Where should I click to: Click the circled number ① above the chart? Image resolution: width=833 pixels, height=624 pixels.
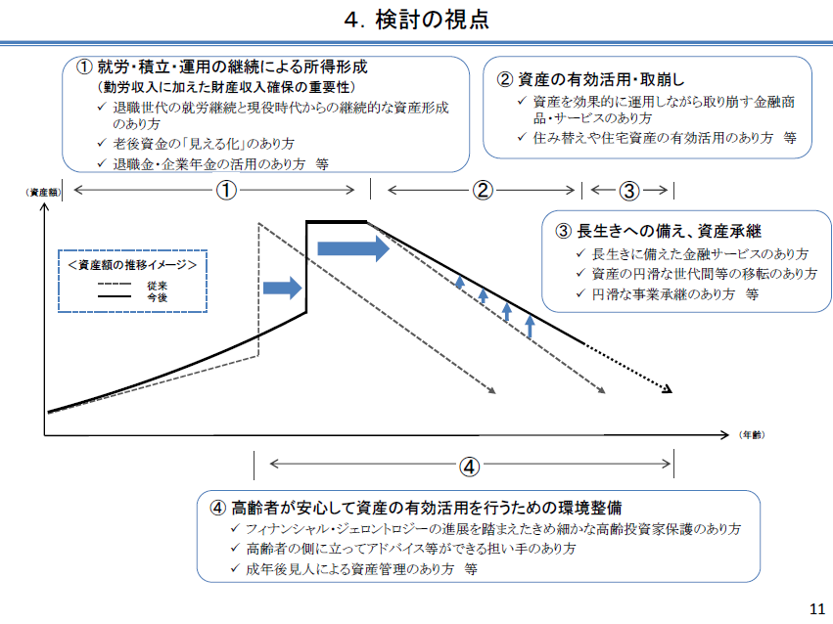click(226, 191)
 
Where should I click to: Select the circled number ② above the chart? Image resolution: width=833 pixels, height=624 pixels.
click(482, 191)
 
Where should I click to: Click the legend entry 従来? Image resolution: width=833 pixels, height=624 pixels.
click(156, 285)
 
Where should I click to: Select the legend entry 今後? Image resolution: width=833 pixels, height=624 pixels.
click(156, 295)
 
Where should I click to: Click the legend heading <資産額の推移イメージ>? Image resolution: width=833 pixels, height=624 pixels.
click(132, 265)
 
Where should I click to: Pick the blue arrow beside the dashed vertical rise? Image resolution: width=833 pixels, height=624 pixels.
click(283, 288)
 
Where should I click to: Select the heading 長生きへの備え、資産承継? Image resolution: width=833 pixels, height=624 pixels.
click(657, 232)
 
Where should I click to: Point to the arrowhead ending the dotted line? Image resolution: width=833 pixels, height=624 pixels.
click(669, 389)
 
